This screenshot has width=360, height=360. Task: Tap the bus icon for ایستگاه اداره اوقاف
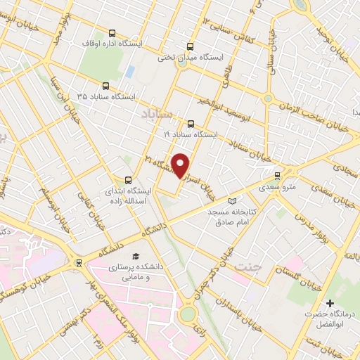112,32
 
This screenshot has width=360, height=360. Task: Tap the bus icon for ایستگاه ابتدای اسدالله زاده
128,180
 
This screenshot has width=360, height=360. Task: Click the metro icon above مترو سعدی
277,175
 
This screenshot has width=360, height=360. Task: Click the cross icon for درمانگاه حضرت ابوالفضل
330,302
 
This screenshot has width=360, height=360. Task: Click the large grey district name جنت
246,267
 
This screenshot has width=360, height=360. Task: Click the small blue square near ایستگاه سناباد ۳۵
131,72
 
